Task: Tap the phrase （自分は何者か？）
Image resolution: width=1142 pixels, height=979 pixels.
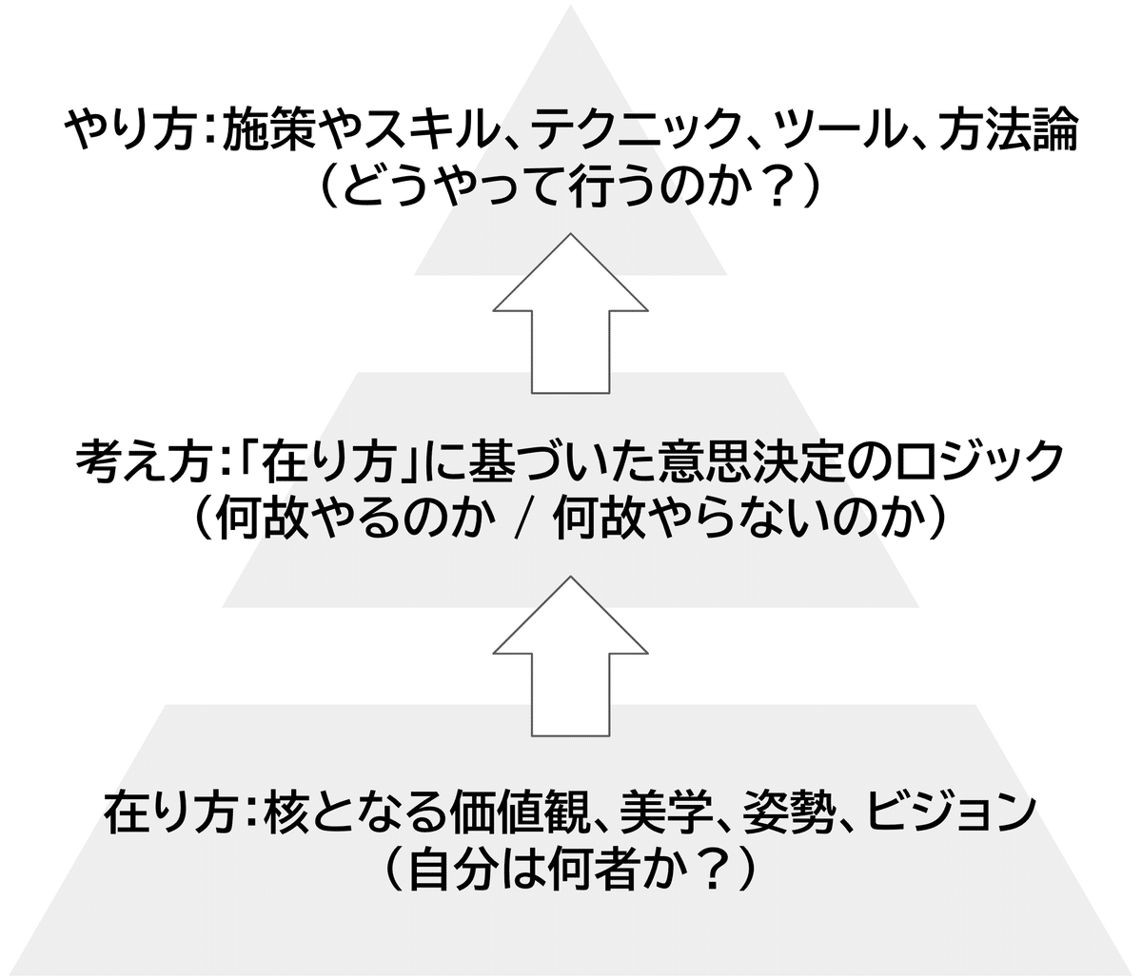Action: coord(571,868)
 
